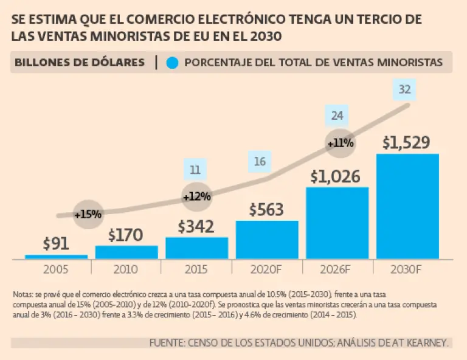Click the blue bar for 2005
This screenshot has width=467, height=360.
point(56,257)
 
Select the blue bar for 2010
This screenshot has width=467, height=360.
point(126,252)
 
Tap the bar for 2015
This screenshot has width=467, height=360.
point(196,247)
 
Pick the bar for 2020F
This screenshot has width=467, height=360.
point(267,239)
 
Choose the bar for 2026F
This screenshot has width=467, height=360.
point(337,223)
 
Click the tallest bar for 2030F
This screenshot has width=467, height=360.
point(407,206)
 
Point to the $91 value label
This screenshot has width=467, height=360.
point(56,243)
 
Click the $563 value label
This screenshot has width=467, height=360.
point(266,209)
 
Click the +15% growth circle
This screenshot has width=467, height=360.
point(88,214)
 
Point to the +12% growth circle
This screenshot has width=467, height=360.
point(196,196)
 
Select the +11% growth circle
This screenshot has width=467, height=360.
point(340,144)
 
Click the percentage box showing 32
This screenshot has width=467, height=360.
point(404,90)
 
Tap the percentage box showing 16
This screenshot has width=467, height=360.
point(260,162)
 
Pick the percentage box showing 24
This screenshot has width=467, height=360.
point(336,115)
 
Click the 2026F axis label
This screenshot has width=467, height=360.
point(337,268)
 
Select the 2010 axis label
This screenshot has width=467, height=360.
point(126,268)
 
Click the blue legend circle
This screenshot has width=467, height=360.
point(173,62)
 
